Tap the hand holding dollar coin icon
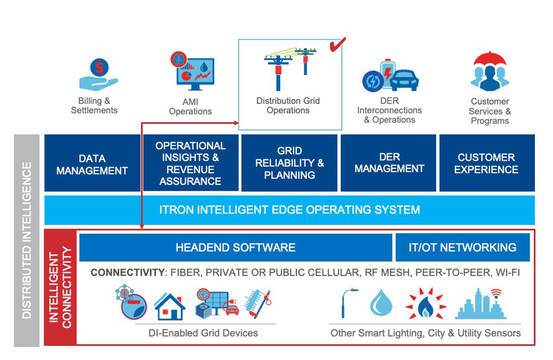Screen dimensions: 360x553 [x=98, y=74]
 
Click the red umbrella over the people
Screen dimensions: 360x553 [x=489, y=59]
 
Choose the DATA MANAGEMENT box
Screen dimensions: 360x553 [x=92, y=164]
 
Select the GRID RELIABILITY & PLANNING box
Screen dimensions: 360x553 [x=289, y=163]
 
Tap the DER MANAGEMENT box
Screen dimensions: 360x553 [x=389, y=163]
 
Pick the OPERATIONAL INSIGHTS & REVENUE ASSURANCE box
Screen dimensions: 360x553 [x=191, y=163]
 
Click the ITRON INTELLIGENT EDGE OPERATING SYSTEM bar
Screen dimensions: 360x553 [x=289, y=209]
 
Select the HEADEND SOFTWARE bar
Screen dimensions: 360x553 [x=235, y=247]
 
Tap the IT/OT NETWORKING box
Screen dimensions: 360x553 [x=462, y=247]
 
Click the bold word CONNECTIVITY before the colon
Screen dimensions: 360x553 [x=127, y=272]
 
